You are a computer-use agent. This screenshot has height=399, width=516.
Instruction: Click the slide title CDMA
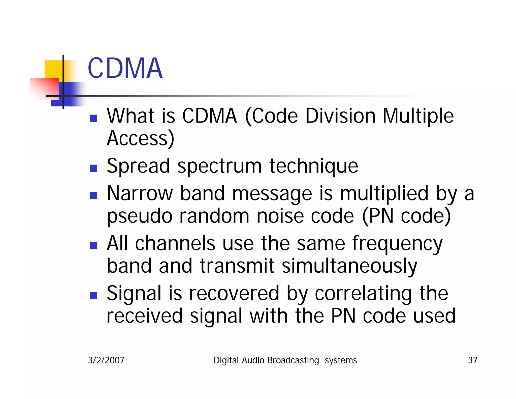coord(125,68)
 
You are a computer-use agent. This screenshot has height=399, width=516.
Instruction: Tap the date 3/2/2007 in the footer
coord(106,360)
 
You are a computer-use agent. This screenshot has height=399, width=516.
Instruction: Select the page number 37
coord(472,360)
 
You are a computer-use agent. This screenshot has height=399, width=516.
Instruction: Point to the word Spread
coord(138,166)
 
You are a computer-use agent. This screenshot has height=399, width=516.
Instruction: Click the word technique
coord(313,166)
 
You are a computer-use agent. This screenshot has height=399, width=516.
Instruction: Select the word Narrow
coord(140,194)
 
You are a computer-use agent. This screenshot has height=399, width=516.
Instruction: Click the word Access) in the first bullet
coord(140,139)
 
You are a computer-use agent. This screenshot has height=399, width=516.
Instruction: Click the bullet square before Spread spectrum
coord(93,168)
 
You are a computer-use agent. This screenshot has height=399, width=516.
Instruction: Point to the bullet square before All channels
coord(93,245)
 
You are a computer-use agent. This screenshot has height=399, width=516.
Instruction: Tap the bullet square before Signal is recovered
coord(93,295)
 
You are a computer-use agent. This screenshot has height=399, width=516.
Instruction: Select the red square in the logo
coord(44,88)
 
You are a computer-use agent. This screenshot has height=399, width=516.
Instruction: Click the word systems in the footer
coord(341,360)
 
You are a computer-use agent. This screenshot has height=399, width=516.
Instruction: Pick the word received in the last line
coord(144,316)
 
